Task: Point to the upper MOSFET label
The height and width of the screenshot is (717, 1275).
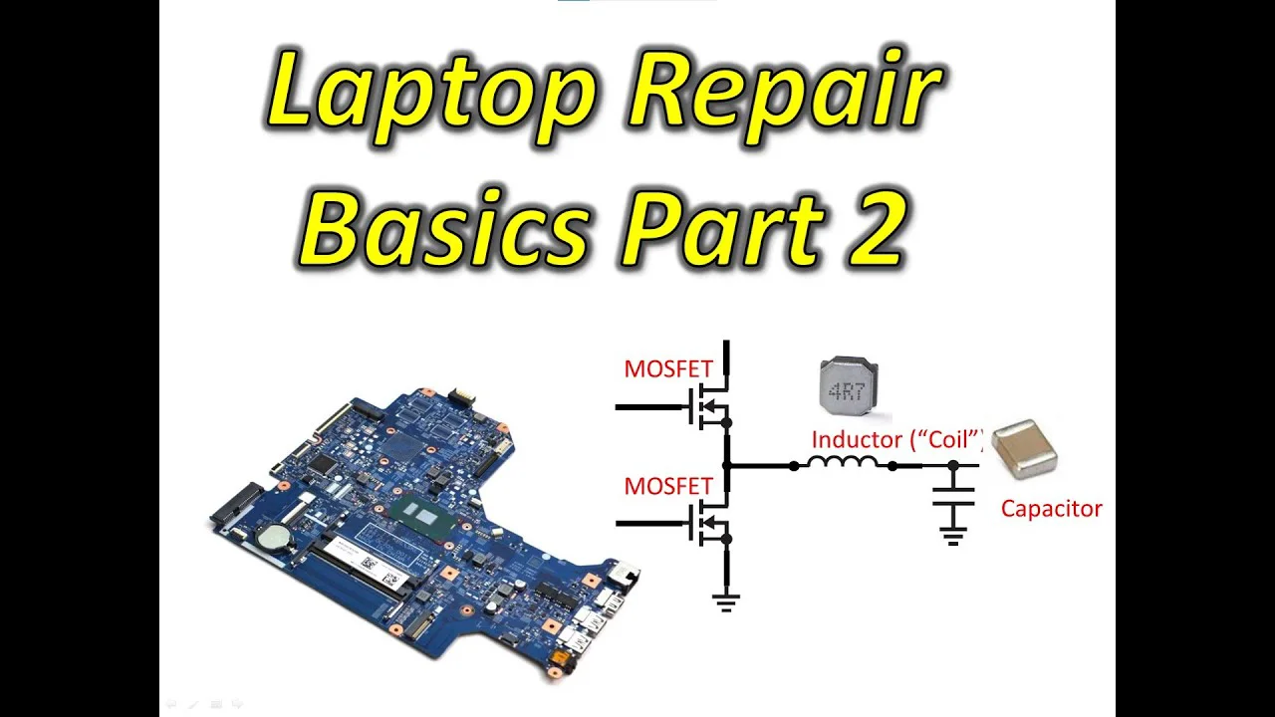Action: (x=668, y=369)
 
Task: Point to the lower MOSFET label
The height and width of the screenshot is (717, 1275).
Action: (x=668, y=487)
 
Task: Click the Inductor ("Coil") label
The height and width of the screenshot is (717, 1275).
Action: (x=897, y=440)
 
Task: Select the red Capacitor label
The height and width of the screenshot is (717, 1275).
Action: (x=1051, y=509)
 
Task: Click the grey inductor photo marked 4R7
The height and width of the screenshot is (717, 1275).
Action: (x=848, y=387)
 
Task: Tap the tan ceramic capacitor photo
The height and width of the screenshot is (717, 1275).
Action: (x=1025, y=449)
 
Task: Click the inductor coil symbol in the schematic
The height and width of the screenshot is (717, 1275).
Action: (x=843, y=462)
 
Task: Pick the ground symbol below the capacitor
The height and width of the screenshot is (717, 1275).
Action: (x=953, y=537)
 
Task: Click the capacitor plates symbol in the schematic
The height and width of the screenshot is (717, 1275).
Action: (x=953, y=496)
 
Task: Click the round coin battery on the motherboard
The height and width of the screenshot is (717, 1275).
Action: (x=277, y=536)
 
